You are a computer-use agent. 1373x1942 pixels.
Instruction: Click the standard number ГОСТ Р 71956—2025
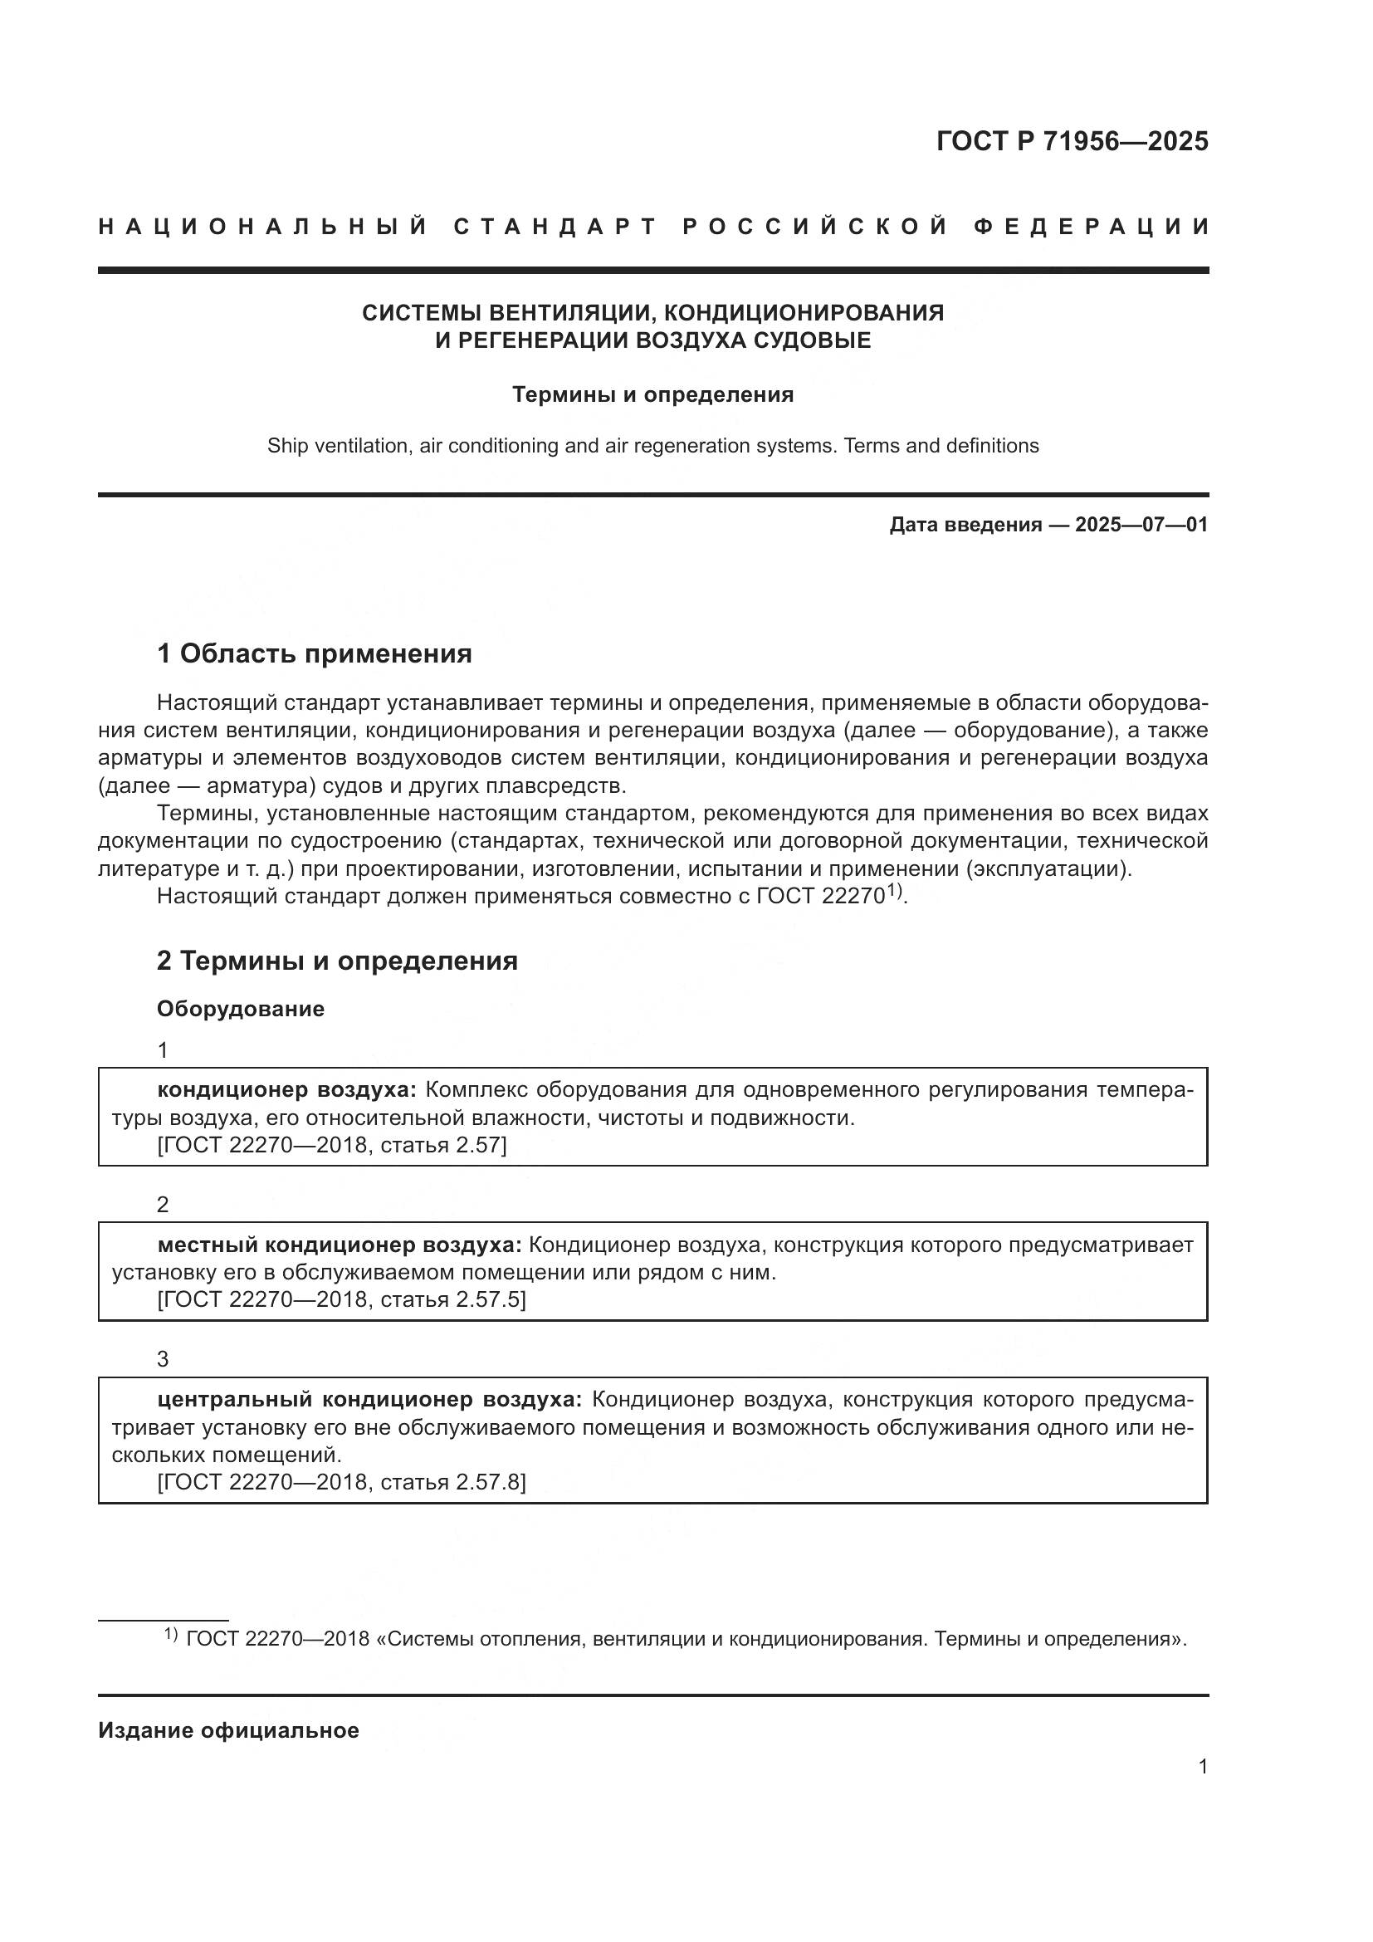pyautogui.click(x=1072, y=141)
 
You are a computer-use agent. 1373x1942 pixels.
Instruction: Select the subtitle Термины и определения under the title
pyautogui.click(x=652, y=395)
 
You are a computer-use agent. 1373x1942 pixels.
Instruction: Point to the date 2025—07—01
pyautogui.click(x=1141, y=525)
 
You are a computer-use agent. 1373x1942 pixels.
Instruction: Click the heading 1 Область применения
pyautogui.click(x=314, y=653)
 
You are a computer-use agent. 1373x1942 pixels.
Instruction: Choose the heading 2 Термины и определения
pyautogui.click(x=336, y=961)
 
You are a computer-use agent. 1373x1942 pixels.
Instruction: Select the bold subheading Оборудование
pyautogui.click(x=240, y=1009)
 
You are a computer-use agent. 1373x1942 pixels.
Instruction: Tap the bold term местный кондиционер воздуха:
pyautogui.click(x=340, y=1245)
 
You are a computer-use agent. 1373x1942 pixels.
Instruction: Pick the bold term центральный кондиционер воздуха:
pyautogui.click(x=369, y=1400)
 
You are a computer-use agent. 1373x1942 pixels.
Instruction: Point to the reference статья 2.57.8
pyautogui.click(x=452, y=1483)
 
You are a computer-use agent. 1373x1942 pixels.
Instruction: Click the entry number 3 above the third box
pyautogui.click(x=163, y=1359)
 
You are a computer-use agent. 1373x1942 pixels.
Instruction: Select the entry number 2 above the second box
pyautogui.click(x=163, y=1205)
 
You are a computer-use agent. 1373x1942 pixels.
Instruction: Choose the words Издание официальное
pyautogui.click(x=228, y=1730)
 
